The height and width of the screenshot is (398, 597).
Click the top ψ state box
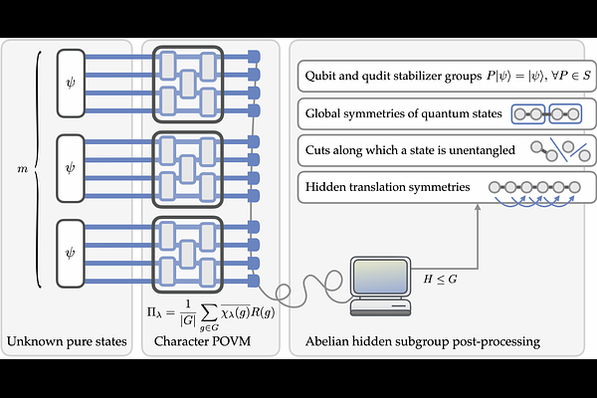pos(69,78)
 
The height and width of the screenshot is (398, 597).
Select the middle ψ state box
pos(69,158)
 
